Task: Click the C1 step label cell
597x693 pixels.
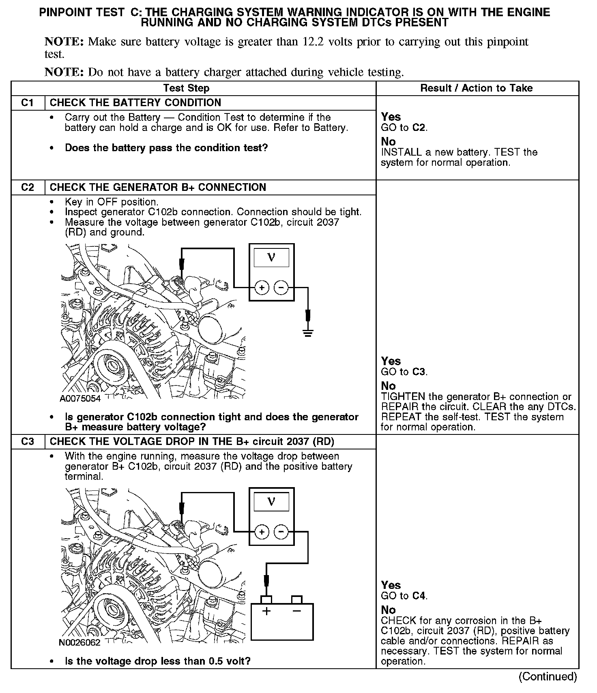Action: pos(28,103)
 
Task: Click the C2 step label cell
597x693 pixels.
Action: pos(28,188)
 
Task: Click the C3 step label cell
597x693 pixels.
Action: pos(28,441)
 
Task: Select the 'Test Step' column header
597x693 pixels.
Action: pos(186,88)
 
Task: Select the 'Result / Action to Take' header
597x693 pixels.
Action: pos(477,88)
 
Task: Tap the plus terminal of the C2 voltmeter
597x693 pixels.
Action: pos(262,288)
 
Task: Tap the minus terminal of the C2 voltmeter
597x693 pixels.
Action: pos(281,288)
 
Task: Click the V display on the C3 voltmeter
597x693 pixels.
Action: pos(271,502)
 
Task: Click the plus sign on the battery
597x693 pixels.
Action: pos(266,611)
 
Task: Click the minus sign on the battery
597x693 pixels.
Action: pos(297,611)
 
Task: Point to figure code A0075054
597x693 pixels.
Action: pos(80,398)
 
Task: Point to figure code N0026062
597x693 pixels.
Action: pos(79,643)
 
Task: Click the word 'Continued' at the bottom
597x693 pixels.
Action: pos(548,676)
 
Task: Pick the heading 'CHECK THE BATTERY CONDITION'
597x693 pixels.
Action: pos(135,103)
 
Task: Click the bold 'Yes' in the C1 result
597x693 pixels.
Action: pos(391,117)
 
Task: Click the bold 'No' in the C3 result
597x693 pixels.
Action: pos(388,610)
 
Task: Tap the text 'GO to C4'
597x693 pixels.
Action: pos(404,596)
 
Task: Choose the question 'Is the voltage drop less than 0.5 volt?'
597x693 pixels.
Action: pos(158,661)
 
